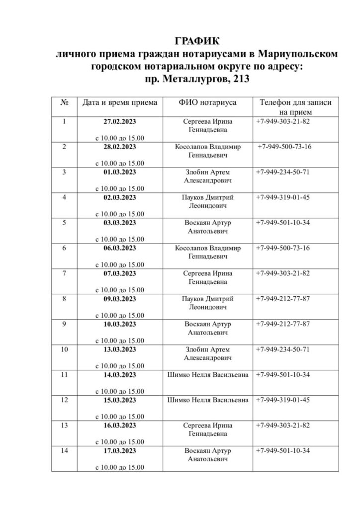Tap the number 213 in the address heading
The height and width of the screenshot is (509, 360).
(x=239, y=79)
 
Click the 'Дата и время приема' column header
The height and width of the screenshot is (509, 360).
(x=119, y=102)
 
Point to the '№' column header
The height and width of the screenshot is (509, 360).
(x=64, y=102)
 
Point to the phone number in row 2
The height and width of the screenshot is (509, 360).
(x=284, y=147)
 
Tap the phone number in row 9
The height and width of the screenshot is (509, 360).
(x=282, y=324)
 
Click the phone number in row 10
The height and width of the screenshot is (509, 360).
(x=282, y=349)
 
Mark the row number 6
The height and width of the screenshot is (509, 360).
(x=64, y=248)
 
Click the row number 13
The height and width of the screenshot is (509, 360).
(x=64, y=425)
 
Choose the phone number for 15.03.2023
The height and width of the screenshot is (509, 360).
(x=282, y=400)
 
